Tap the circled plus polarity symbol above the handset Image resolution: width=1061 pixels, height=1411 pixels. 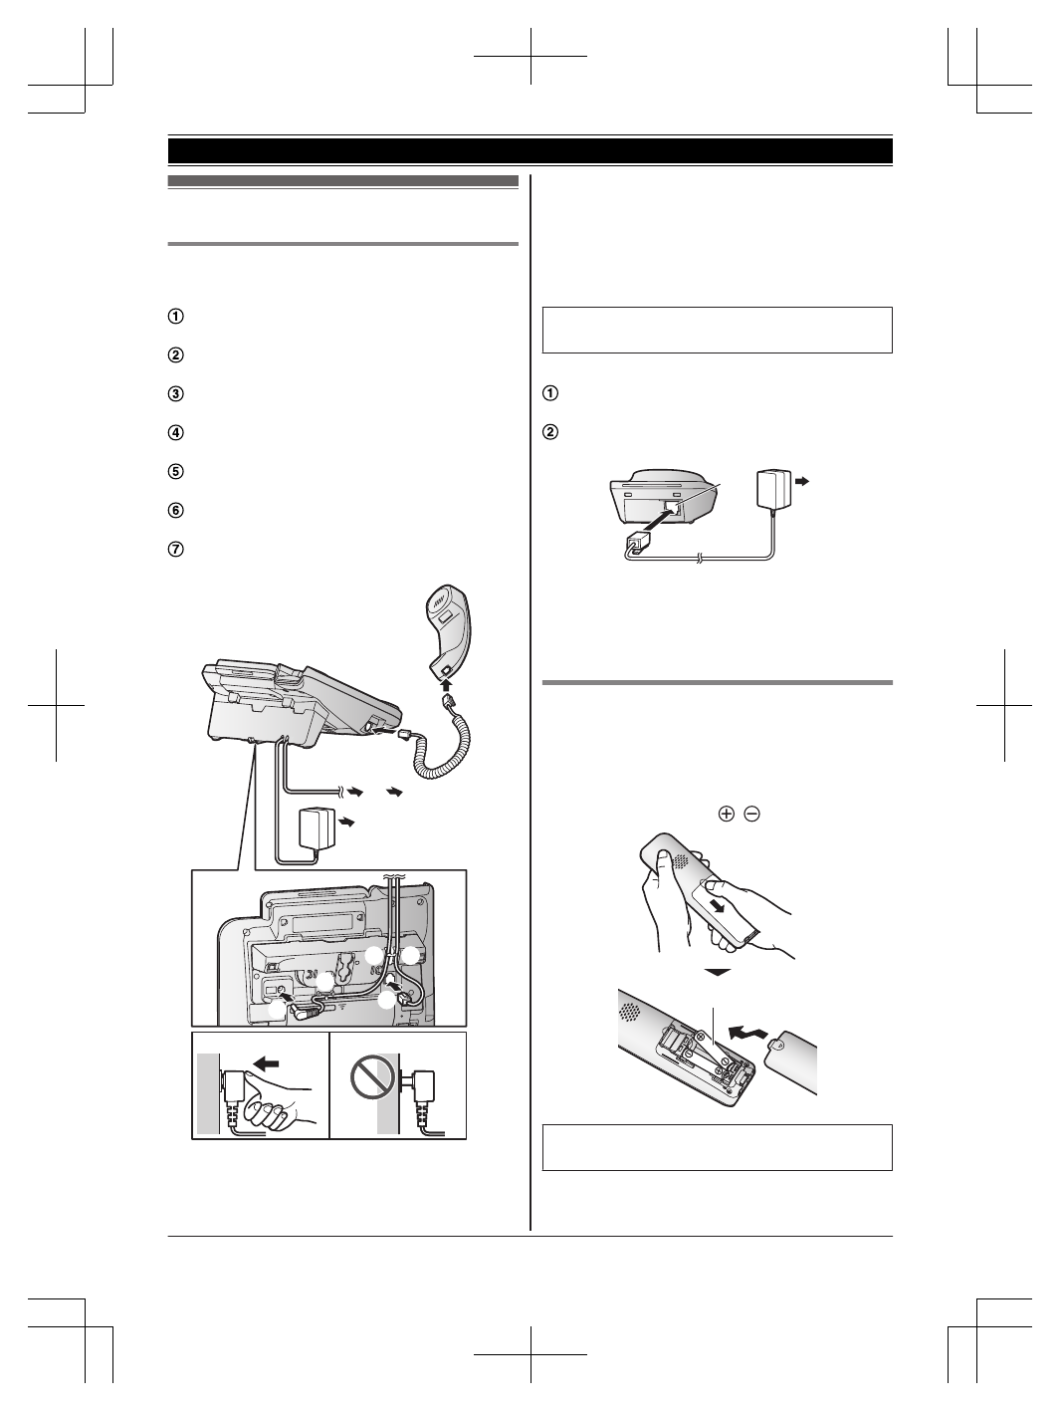click(726, 814)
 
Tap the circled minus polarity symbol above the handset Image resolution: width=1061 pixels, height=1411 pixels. click(751, 814)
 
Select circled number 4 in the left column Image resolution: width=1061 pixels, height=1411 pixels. click(175, 433)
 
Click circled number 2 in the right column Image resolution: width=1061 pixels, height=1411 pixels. click(549, 433)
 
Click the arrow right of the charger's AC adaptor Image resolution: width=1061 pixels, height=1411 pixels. click(805, 480)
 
